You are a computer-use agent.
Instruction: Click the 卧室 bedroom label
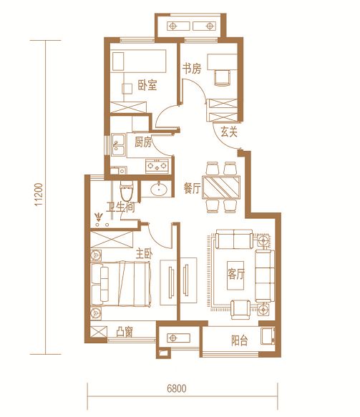pos(147,85)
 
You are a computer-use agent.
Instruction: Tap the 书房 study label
pos(192,69)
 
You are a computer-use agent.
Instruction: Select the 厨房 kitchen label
pos(143,142)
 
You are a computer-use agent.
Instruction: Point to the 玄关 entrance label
pos(229,132)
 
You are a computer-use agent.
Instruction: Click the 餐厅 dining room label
pos(192,188)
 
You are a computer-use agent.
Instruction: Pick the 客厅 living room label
pos(235,274)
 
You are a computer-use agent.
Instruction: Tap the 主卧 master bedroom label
pos(144,254)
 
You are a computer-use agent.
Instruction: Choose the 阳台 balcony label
pos(240,340)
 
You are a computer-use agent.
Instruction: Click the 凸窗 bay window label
pos(125,332)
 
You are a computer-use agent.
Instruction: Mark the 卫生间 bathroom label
pos(120,207)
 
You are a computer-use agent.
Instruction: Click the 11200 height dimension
pos(39,195)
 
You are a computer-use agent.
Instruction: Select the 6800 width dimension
pos(177,388)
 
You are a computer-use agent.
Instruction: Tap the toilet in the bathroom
pos(127,191)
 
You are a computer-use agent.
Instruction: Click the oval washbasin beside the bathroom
pos(159,189)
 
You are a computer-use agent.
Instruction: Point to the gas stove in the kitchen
pos(157,166)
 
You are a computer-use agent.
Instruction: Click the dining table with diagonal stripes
pos(221,187)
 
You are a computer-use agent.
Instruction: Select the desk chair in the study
pos(222,78)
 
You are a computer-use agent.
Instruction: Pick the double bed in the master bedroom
pos(120,283)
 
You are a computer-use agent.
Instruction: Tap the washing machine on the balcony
pos(268,336)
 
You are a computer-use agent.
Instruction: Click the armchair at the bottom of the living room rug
pos(240,310)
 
